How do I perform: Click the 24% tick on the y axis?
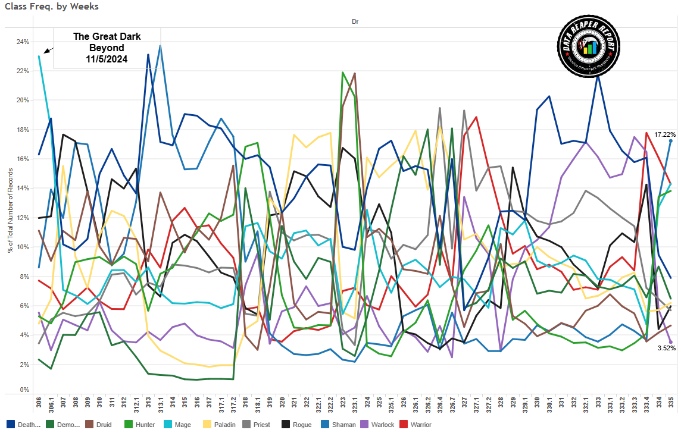click(x=23, y=42)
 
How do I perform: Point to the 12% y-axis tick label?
click(x=23, y=217)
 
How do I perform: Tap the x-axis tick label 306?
click(x=39, y=404)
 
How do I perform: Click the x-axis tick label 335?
click(x=671, y=404)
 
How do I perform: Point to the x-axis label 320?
click(x=282, y=404)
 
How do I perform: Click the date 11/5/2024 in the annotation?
click(x=107, y=59)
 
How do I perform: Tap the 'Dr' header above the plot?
click(x=355, y=21)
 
